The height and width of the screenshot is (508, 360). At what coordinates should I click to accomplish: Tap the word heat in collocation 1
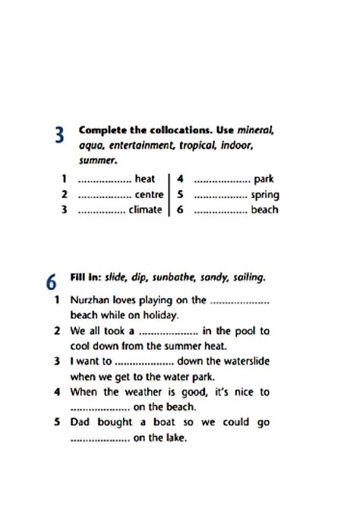click(x=144, y=179)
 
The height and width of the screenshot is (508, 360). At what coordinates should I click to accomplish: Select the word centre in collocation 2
click(x=149, y=194)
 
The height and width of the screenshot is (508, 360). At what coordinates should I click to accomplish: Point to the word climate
click(x=145, y=210)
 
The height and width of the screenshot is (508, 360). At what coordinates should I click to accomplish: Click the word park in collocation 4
click(x=264, y=179)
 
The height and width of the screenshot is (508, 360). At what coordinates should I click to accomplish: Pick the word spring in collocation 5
click(x=264, y=194)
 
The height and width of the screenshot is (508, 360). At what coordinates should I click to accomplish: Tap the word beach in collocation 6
click(x=264, y=210)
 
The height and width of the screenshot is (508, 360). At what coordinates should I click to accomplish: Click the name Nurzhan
click(x=91, y=300)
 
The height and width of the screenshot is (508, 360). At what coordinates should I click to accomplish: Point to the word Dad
click(x=81, y=423)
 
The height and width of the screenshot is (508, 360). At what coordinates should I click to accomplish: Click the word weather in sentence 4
click(x=151, y=392)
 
